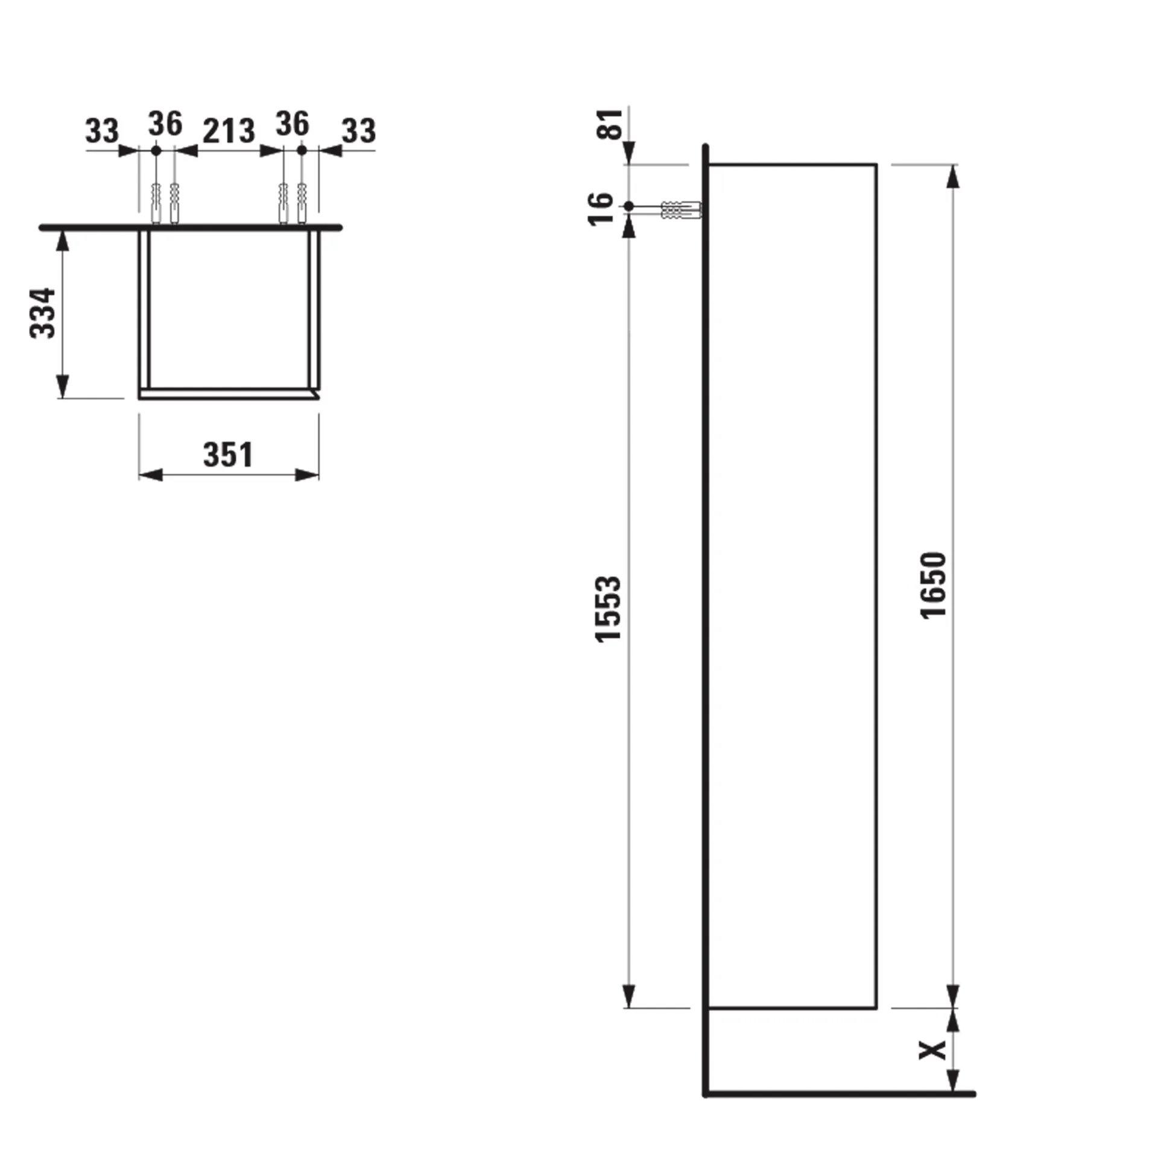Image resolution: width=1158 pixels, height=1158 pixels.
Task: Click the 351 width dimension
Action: pyautogui.click(x=228, y=455)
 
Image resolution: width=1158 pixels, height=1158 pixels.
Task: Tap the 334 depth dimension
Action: pyautogui.click(x=43, y=313)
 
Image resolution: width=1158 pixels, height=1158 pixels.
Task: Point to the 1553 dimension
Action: pyautogui.click(x=607, y=609)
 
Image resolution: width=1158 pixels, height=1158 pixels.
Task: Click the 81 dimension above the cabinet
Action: pyautogui.click(x=610, y=124)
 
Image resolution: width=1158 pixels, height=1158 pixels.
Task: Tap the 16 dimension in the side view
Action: pyautogui.click(x=601, y=209)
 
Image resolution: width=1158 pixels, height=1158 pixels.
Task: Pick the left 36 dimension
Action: pyautogui.click(x=165, y=124)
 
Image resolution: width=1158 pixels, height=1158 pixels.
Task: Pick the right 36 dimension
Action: pyautogui.click(x=293, y=124)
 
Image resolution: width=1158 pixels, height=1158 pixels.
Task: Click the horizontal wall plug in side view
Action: pyautogui.click(x=682, y=210)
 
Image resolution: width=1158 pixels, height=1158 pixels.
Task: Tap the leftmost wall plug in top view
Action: pyautogui.click(x=156, y=202)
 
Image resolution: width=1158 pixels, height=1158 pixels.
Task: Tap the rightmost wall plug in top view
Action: pyautogui.click(x=302, y=202)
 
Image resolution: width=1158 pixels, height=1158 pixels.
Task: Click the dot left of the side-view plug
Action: pyautogui.click(x=628, y=206)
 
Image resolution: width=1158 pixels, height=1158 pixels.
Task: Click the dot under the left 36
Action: pyautogui.click(x=156, y=150)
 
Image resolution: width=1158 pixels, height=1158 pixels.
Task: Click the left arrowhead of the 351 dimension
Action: pyautogui.click(x=150, y=475)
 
